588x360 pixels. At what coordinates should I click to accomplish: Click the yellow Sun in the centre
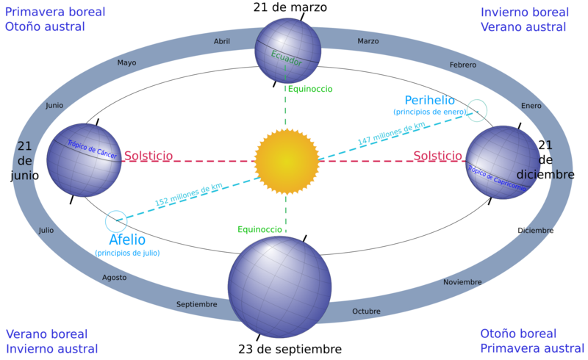click(x=287, y=161)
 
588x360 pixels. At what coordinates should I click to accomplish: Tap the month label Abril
click(x=222, y=42)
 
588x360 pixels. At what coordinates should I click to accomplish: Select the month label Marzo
click(x=367, y=42)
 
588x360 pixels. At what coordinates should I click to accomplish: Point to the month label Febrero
click(x=463, y=65)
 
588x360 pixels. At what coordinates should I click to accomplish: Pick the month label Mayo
click(x=126, y=63)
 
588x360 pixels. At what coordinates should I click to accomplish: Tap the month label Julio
click(x=46, y=231)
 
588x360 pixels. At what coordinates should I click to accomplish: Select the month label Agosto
click(x=114, y=278)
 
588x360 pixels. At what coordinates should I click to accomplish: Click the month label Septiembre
click(x=197, y=304)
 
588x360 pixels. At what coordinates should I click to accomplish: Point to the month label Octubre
click(x=366, y=312)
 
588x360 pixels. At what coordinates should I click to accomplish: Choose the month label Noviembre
click(x=462, y=282)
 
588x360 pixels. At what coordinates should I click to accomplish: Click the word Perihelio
click(x=429, y=100)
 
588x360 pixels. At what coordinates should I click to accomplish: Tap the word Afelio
click(x=127, y=240)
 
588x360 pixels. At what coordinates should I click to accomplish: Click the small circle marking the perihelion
click(x=477, y=110)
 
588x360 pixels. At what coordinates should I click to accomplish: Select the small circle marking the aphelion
click(x=116, y=221)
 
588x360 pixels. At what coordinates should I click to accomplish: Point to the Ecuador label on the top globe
click(x=286, y=58)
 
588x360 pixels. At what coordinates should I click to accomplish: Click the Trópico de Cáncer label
click(x=92, y=151)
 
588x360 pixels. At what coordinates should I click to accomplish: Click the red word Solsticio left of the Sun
click(x=148, y=156)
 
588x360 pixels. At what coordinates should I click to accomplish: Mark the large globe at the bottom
click(x=279, y=287)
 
